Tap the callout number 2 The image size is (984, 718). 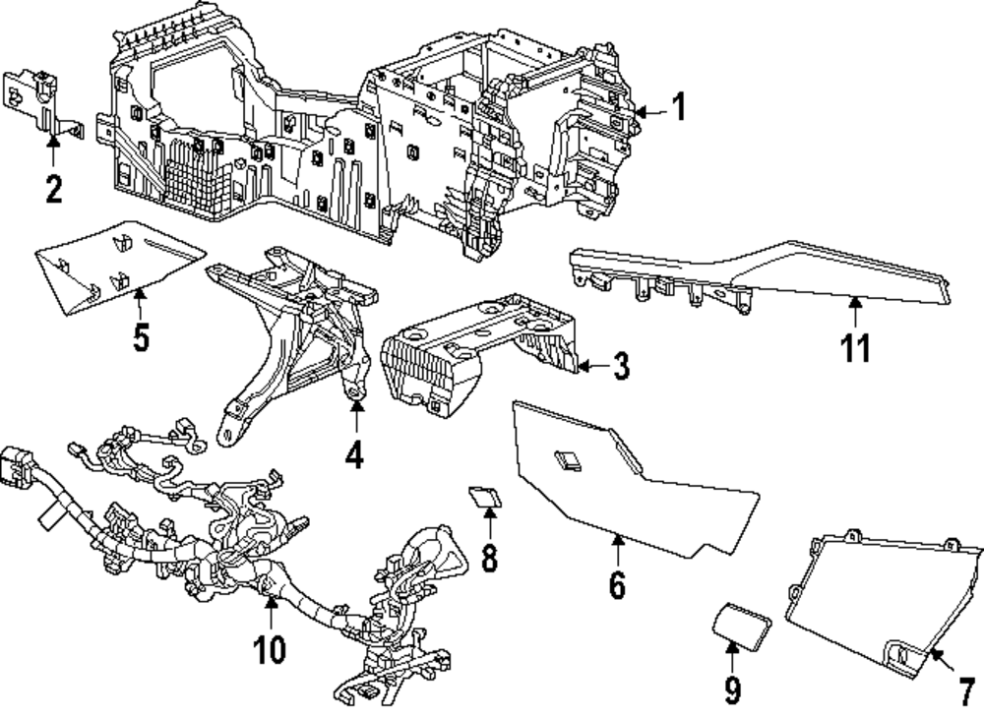pyautogui.click(x=53, y=187)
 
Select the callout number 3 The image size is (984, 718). pyautogui.click(x=619, y=367)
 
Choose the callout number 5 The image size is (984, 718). pyautogui.click(x=141, y=336)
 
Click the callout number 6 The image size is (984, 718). pyautogui.click(x=617, y=583)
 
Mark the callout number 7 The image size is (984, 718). pyautogui.click(x=965, y=685)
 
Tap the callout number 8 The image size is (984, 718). pyautogui.click(x=489, y=558)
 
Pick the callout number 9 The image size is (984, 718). pyautogui.click(x=732, y=689)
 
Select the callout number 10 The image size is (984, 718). pyautogui.click(x=270, y=648)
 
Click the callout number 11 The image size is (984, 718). pyautogui.click(x=856, y=347)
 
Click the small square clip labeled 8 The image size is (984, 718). pyautogui.click(x=483, y=495)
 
